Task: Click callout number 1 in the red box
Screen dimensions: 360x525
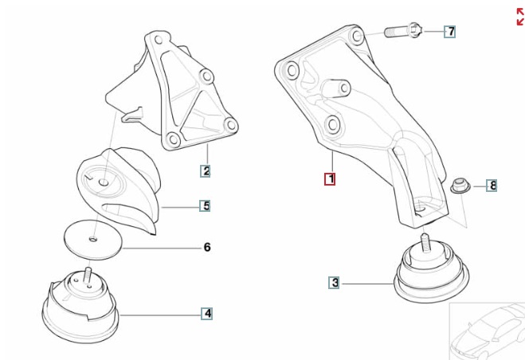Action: pyautogui.click(x=330, y=179)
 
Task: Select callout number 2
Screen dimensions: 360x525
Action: pyautogui.click(x=206, y=170)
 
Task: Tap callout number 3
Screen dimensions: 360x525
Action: pyautogui.click(x=335, y=282)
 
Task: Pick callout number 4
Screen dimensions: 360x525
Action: pyautogui.click(x=206, y=314)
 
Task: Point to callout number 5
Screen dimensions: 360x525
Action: pyautogui.click(x=206, y=206)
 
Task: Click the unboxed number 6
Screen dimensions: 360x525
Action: pyautogui.click(x=207, y=248)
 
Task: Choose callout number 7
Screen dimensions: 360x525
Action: pyautogui.click(x=450, y=32)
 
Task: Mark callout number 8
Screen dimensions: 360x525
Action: pyautogui.click(x=492, y=186)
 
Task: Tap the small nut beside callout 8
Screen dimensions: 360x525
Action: pyautogui.click(x=458, y=187)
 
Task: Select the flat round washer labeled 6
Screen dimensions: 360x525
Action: pyautogui.click(x=92, y=237)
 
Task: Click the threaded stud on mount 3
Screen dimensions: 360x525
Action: pyautogui.click(x=426, y=241)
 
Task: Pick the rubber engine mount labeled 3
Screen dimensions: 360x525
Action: pyautogui.click(x=430, y=276)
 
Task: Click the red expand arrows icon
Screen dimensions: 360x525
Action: pyautogui.click(x=519, y=17)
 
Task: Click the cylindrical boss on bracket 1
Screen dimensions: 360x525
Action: pyautogui.click(x=338, y=87)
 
